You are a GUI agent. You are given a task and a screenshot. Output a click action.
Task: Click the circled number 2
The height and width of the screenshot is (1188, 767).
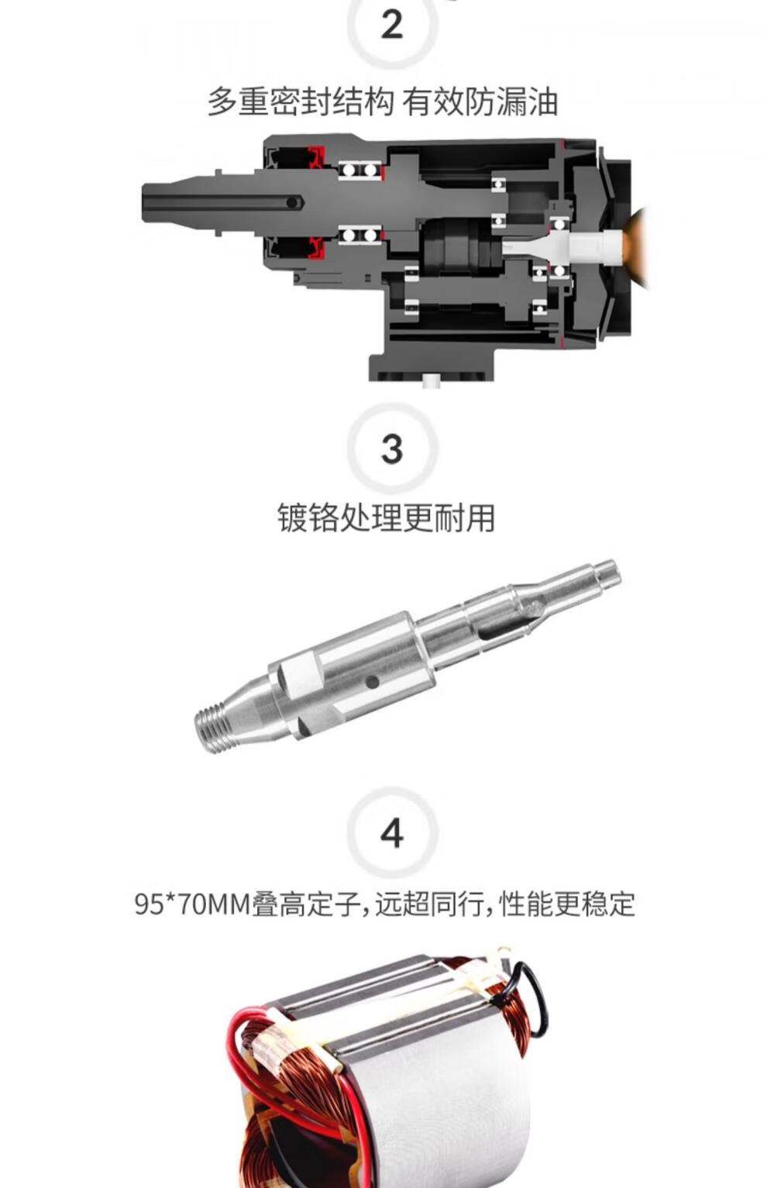point(392,24)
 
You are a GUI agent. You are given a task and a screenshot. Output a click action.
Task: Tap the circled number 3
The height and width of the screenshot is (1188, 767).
point(392,449)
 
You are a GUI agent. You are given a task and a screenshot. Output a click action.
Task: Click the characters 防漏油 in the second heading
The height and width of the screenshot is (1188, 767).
point(511,102)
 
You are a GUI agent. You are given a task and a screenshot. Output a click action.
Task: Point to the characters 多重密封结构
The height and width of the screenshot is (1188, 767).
point(301,102)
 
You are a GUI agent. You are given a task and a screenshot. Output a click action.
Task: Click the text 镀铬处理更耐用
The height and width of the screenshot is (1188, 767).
point(386,518)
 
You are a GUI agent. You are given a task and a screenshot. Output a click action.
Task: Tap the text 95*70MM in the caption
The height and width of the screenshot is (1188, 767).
point(192,904)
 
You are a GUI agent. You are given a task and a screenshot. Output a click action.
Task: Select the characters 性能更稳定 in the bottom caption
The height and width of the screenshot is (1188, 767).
point(567,904)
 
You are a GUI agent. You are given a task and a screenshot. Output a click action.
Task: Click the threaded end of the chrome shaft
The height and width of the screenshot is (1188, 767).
point(213,723)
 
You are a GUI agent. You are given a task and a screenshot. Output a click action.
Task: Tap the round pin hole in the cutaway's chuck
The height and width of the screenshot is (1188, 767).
point(292,202)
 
